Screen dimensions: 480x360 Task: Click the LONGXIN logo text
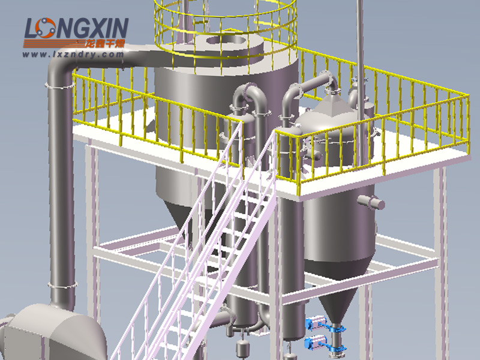coord(76,28)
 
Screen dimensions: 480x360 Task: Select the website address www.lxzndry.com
coord(73,55)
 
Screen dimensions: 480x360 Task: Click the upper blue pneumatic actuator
coord(316,323)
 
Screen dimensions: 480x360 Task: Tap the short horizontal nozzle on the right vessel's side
coord(371,202)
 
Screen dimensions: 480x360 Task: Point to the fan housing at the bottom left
coord(52,332)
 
